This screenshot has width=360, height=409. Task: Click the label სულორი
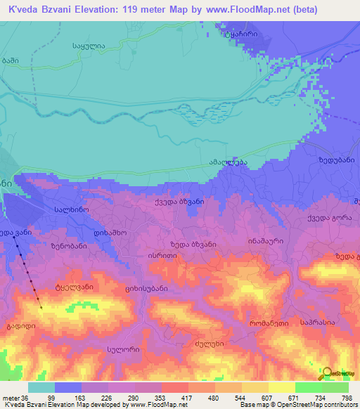(x=123, y=349)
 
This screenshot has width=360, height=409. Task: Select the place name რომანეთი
(x=268, y=323)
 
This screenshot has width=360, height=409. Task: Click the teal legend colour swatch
(x=41, y=387)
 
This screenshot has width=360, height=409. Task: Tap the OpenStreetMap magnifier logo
(x=328, y=374)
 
